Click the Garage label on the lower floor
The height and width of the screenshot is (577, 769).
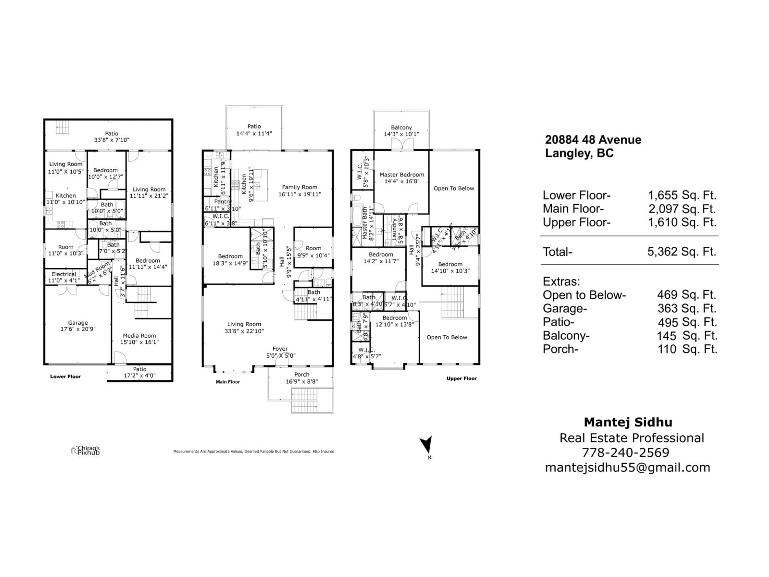(78, 322)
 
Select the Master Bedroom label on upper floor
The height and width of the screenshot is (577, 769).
(402, 175)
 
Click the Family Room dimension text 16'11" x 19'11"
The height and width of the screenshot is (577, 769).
(299, 194)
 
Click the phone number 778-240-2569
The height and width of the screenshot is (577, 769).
(625, 453)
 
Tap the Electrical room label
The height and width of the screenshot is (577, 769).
(64, 274)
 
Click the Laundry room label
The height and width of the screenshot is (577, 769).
(395, 229)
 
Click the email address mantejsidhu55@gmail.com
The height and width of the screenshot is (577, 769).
(627, 467)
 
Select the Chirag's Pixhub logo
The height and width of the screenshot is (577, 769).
(86, 450)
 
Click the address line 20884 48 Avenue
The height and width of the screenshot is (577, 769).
(593, 140)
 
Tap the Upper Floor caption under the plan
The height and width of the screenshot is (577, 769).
(461, 378)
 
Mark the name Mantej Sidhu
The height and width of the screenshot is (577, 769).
(628, 422)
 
